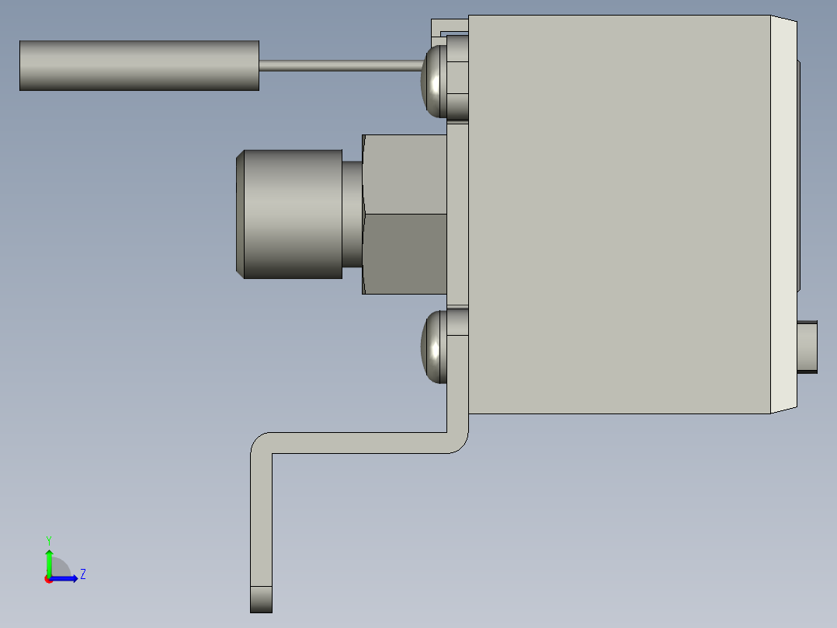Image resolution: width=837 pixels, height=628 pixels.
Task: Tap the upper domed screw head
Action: (x=433, y=80)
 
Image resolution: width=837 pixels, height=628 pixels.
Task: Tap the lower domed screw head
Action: (x=432, y=347)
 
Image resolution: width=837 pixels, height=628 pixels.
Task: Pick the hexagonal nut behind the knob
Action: (x=405, y=214)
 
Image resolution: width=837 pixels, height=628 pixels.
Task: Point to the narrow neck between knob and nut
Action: (x=353, y=214)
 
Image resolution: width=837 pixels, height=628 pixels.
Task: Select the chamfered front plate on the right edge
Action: (x=783, y=214)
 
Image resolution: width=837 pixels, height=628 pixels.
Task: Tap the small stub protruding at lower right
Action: (x=808, y=347)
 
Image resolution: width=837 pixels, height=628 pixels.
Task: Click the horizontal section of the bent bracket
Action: (x=357, y=443)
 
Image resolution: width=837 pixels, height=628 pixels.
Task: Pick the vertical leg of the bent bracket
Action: (x=262, y=521)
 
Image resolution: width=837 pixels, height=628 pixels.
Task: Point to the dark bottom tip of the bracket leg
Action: (x=262, y=599)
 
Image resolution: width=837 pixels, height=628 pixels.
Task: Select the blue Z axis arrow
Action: (x=66, y=578)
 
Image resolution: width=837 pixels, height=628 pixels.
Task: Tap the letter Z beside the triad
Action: (x=82, y=574)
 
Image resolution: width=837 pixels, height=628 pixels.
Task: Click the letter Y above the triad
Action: (x=49, y=540)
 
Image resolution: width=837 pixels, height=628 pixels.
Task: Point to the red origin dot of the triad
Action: (x=49, y=579)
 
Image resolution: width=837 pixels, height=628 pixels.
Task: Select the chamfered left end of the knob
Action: (x=241, y=214)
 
